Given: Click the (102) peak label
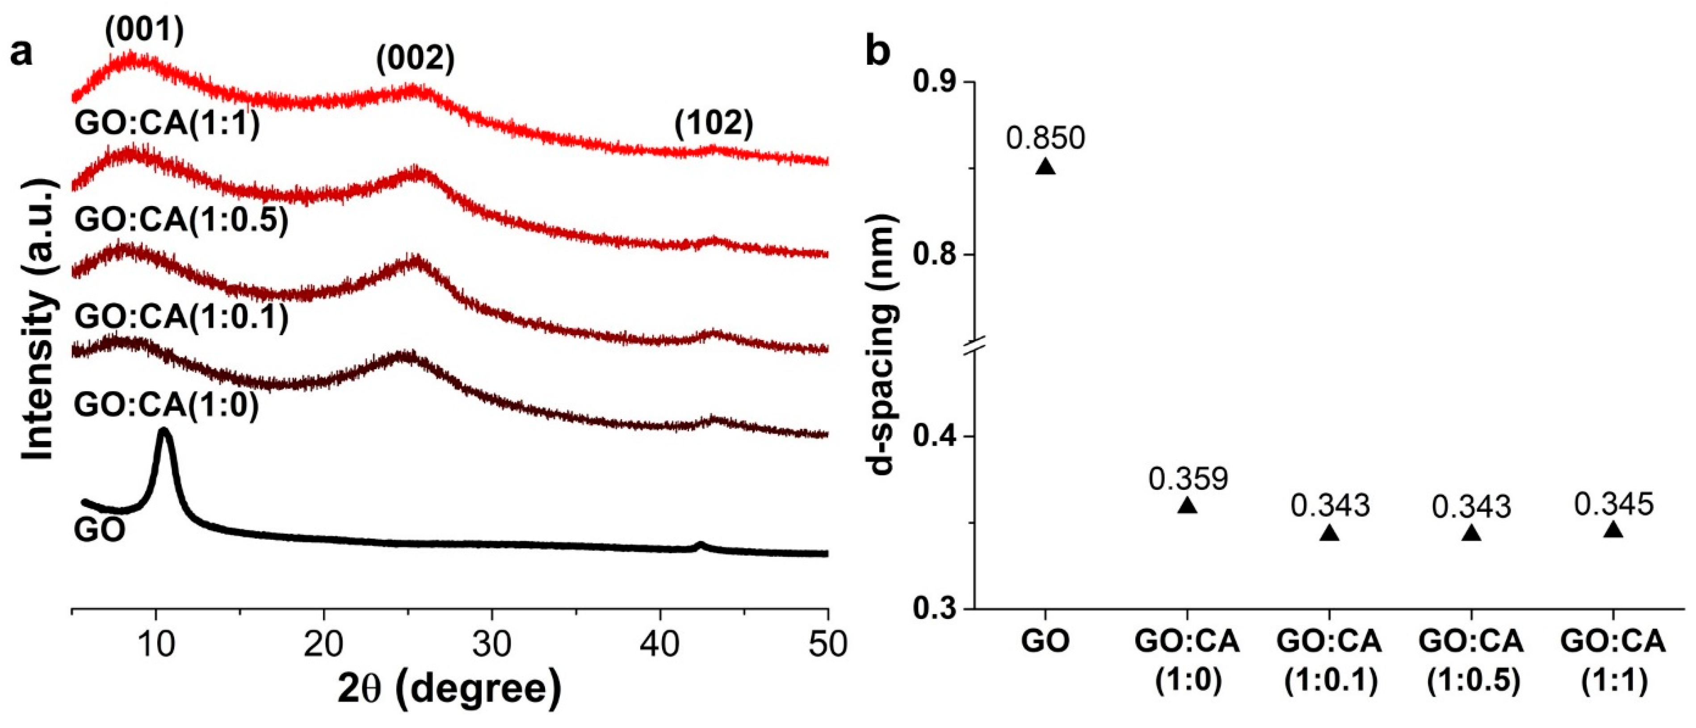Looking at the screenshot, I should [x=714, y=123].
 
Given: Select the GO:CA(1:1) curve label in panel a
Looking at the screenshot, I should [x=167, y=123].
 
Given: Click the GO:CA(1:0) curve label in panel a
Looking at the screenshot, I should [x=166, y=404].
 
